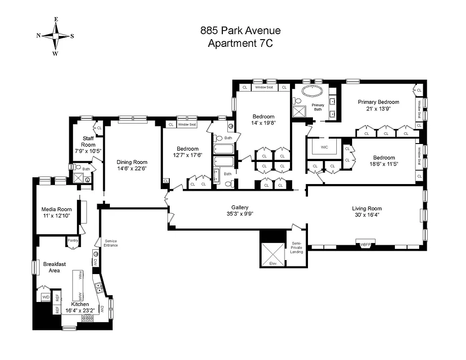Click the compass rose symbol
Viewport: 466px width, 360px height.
[55, 36]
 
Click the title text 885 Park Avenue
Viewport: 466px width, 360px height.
[240, 31]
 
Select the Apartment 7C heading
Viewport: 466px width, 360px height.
[240, 43]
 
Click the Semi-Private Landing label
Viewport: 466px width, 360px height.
[296, 247]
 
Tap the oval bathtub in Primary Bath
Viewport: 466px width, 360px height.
[312, 91]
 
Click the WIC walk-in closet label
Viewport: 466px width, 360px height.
[324, 147]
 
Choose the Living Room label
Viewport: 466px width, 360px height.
[366, 208]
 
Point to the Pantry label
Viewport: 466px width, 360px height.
[73, 240]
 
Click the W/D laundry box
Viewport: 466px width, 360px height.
[45, 297]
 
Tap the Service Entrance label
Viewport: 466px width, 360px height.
[111, 243]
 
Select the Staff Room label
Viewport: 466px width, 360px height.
[88, 141]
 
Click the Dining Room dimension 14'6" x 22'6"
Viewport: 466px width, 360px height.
[132, 168]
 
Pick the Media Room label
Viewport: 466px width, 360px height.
[57, 209]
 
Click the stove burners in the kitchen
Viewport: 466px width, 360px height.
[87, 318]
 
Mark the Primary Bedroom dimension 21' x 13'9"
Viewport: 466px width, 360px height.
[378, 108]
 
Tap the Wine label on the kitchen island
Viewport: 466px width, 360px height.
[81, 276]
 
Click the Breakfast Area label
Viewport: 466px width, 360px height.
[54, 267]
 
